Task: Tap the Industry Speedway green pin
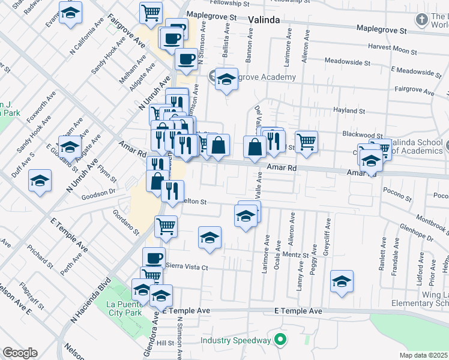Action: (279, 340)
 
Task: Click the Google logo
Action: (20, 353)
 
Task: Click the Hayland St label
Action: (349, 111)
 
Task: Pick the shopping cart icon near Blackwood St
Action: (306, 142)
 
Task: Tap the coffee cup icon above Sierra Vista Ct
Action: (154, 258)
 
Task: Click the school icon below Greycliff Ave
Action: (342, 281)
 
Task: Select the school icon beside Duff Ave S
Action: (40, 180)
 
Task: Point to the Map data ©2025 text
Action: (423, 355)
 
